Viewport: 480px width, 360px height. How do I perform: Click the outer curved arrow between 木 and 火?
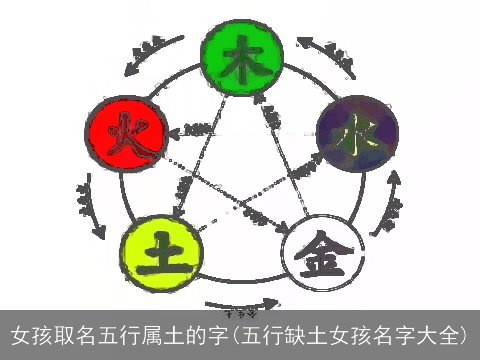click(x=149, y=55)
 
